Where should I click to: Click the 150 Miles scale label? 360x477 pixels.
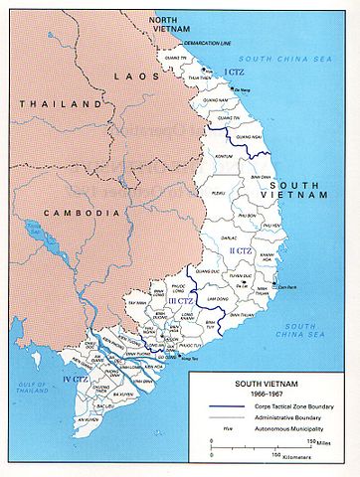click(315, 443)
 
